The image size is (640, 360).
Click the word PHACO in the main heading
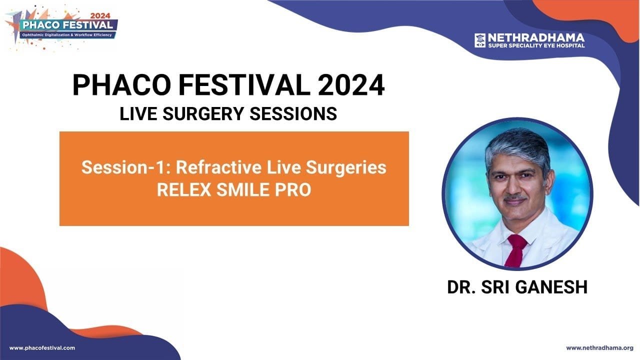[122, 85]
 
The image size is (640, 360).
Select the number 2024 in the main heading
[351, 85]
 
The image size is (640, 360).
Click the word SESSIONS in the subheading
[293, 113]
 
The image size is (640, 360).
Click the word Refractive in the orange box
[218, 167]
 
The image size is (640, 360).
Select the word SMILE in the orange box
[243, 189]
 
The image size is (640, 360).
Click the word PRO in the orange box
[293, 189]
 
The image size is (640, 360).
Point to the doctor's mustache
[515, 197]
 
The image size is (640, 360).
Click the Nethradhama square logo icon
[480, 40]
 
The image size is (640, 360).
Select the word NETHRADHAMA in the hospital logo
[536, 37]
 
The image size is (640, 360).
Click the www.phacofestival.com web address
[42, 348]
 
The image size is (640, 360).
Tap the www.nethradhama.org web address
[595, 348]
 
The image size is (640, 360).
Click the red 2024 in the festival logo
[100, 16]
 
